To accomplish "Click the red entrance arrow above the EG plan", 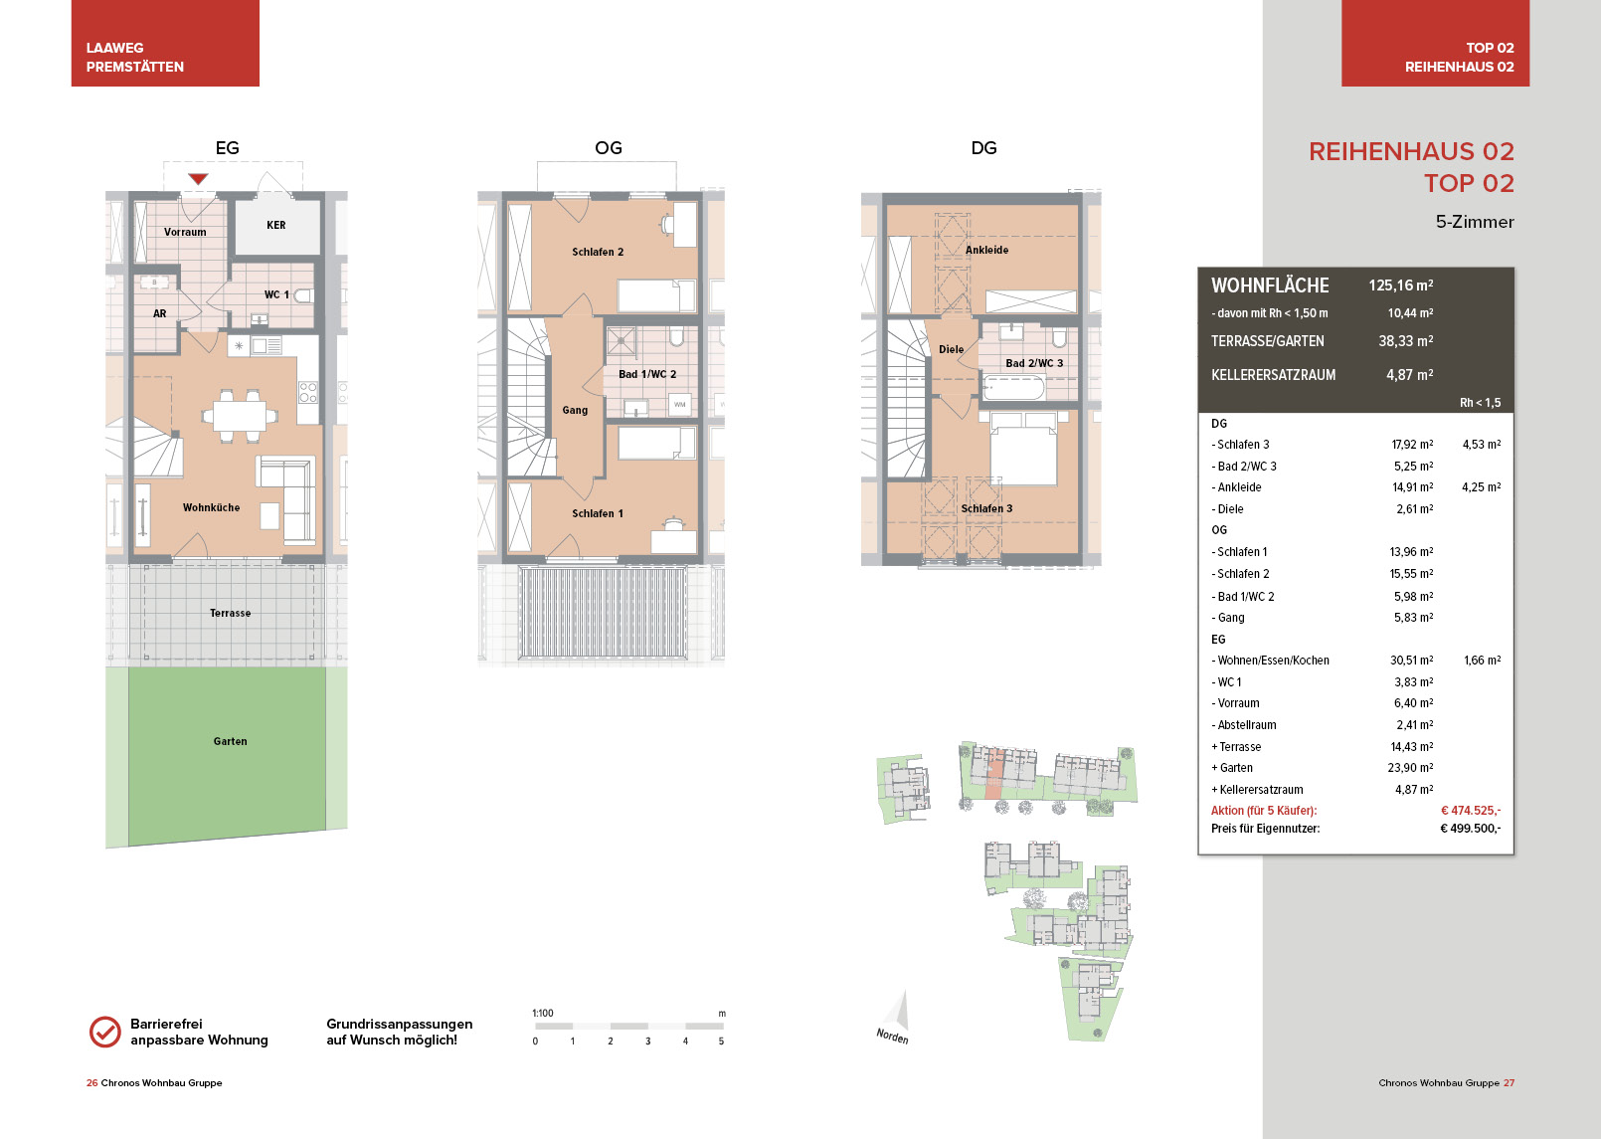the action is click(198, 179).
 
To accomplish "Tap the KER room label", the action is click(275, 225).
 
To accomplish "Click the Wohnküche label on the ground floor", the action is click(211, 507).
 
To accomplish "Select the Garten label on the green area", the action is click(230, 741).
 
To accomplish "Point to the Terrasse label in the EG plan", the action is click(230, 613).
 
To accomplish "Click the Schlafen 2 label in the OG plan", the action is click(598, 252).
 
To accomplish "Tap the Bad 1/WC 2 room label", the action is click(647, 374).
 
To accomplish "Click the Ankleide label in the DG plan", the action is click(987, 250).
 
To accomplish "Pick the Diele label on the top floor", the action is click(952, 349).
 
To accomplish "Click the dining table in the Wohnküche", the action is click(240, 416).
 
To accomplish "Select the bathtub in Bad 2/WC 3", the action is click(1013, 388).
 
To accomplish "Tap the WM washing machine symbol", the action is click(680, 405).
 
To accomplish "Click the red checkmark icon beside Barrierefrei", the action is click(105, 1032).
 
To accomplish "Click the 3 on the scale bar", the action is click(648, 1042).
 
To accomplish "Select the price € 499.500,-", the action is click(1470, 829).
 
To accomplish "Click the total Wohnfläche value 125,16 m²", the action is click(1401, 285).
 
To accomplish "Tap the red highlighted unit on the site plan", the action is click(994, 779).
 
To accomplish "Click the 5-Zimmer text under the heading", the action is click(1475, 222).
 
